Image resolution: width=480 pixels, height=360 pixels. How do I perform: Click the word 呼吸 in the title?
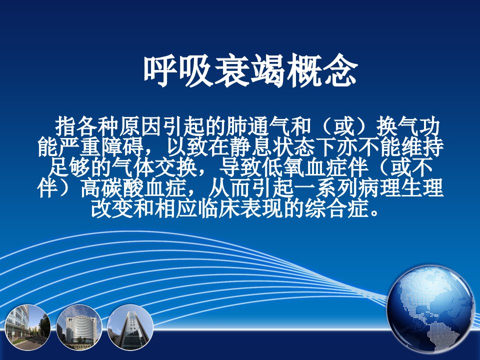coord(178,71)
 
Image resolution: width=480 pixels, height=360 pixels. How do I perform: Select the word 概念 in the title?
coord(321,71)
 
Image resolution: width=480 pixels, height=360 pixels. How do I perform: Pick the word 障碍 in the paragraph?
coord(123,147)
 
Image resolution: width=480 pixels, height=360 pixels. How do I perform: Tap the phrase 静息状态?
coord(261,147)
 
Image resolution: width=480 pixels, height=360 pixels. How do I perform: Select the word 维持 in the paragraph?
coord(423,147)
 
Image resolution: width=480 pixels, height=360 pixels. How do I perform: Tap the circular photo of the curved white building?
coord(79,327)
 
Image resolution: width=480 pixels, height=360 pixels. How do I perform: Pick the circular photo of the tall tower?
coord(130,327)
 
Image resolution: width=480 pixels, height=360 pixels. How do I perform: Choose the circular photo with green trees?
coord(27,327)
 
